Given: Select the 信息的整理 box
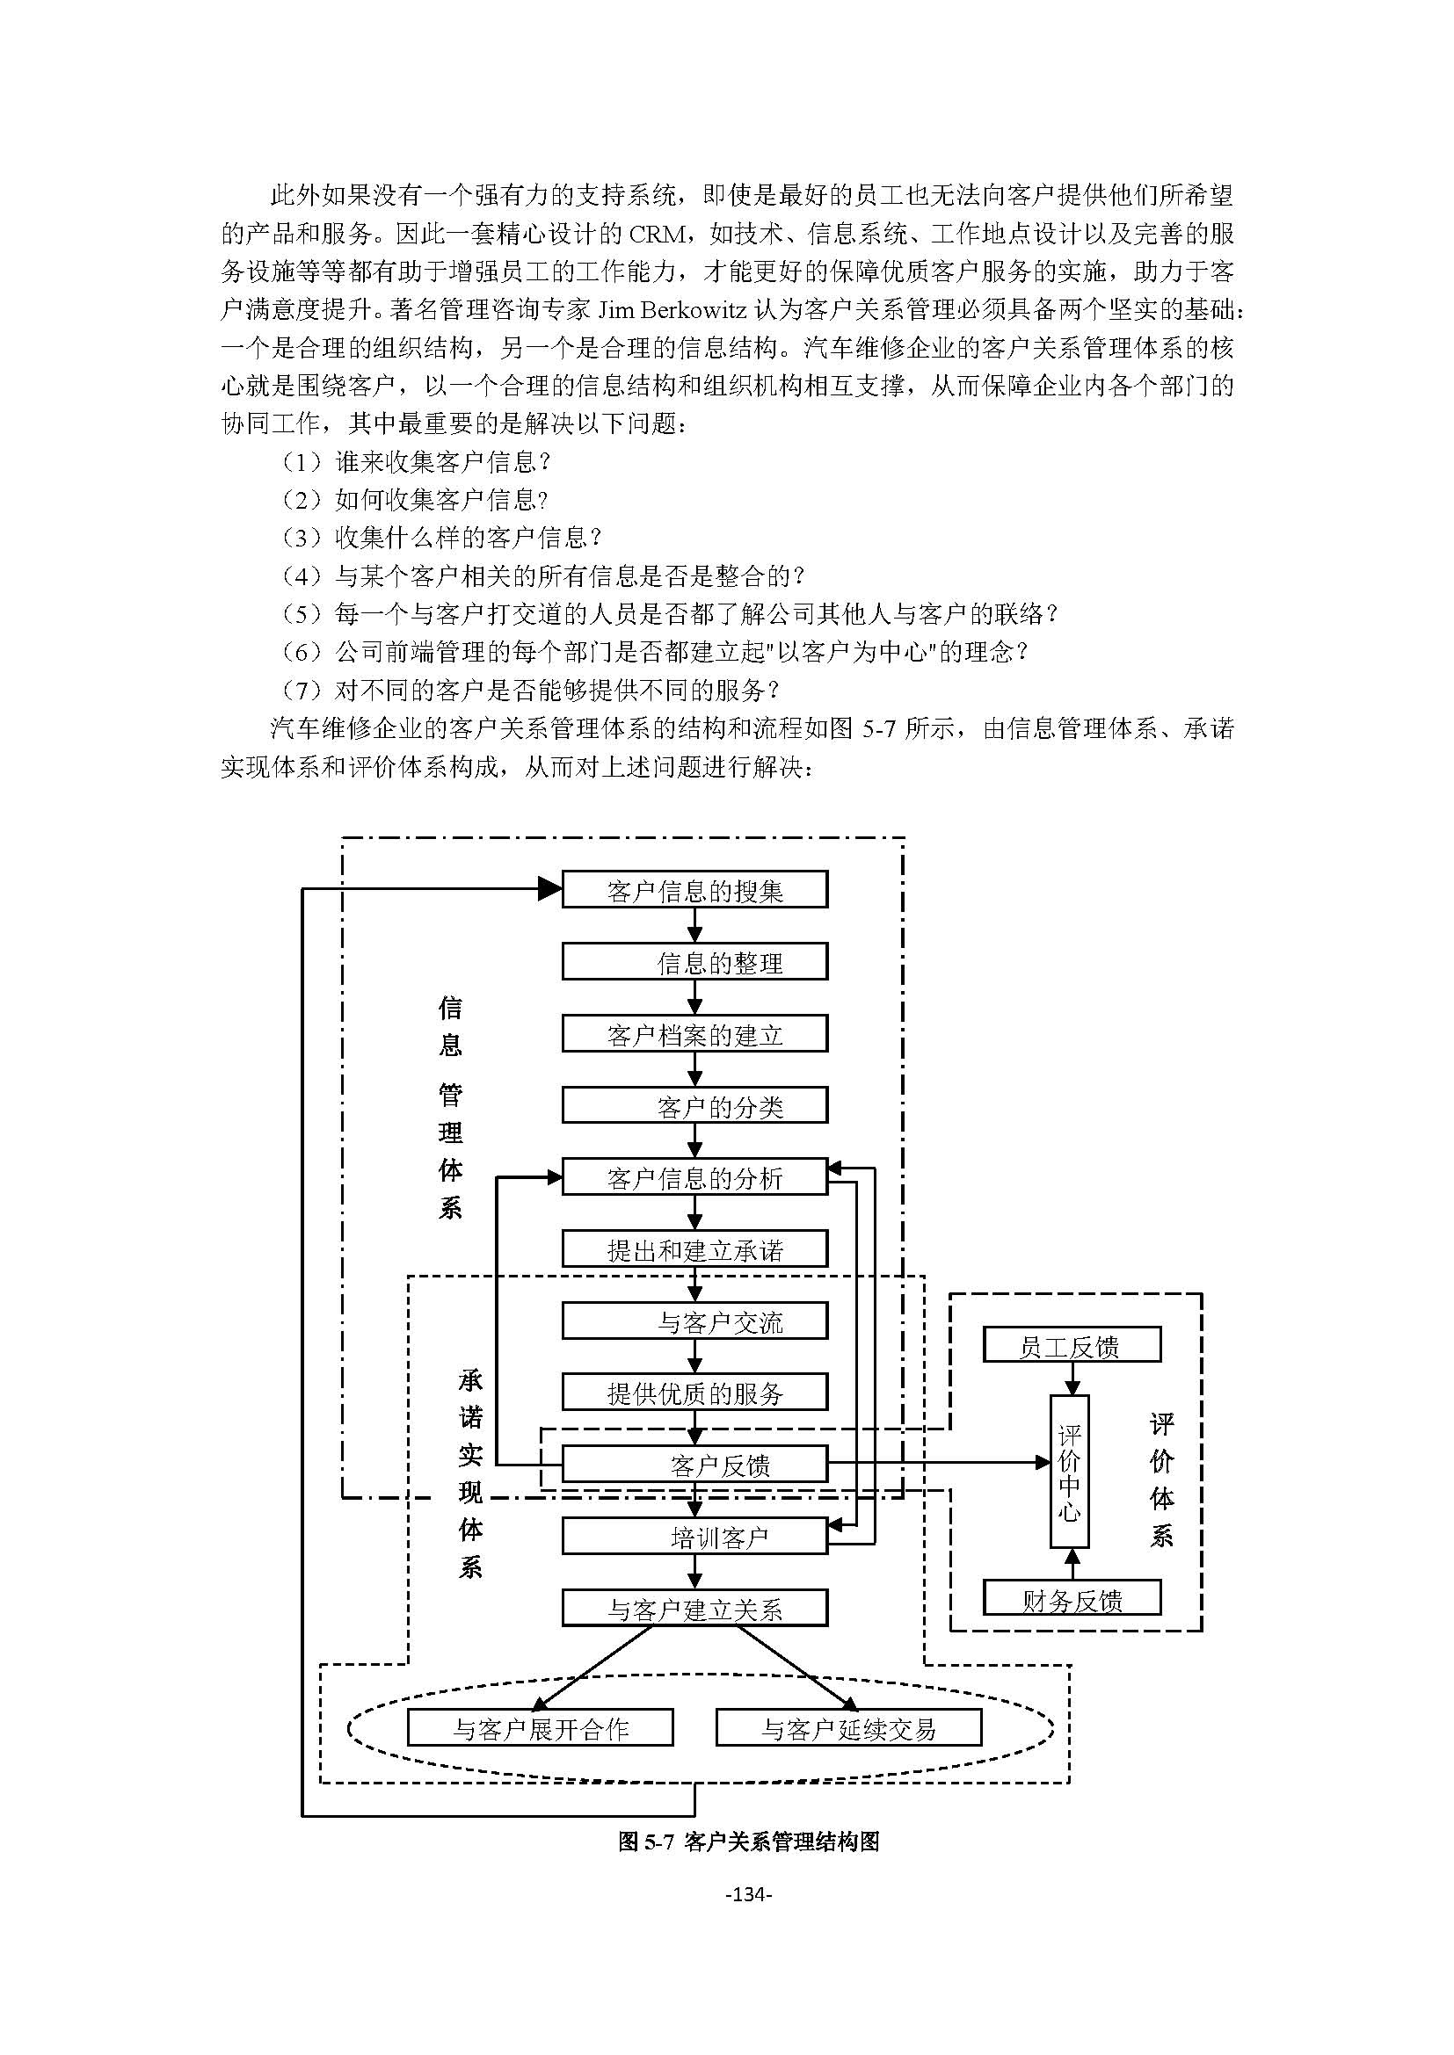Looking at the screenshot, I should point(694,962).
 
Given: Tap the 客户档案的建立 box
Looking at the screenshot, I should point(694,1035).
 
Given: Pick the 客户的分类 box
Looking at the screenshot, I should point(694,1106).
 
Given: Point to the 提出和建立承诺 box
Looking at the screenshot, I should point(694,1249).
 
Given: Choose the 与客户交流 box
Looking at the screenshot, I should point(694,1321).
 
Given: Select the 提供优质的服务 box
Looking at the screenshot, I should point(694,1393).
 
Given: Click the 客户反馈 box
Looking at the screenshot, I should point(694,1465).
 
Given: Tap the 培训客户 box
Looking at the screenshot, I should point(694,1537).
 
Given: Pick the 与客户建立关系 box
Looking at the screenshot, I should point(694,1609).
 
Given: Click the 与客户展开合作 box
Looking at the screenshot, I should point(540,1727).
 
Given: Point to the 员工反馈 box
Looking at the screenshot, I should point(1071,1345).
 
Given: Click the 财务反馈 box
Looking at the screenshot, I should point(1071,1598).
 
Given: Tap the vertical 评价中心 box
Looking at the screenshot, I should point(1069,1472).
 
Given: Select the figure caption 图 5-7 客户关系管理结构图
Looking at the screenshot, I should point(747,1842).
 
